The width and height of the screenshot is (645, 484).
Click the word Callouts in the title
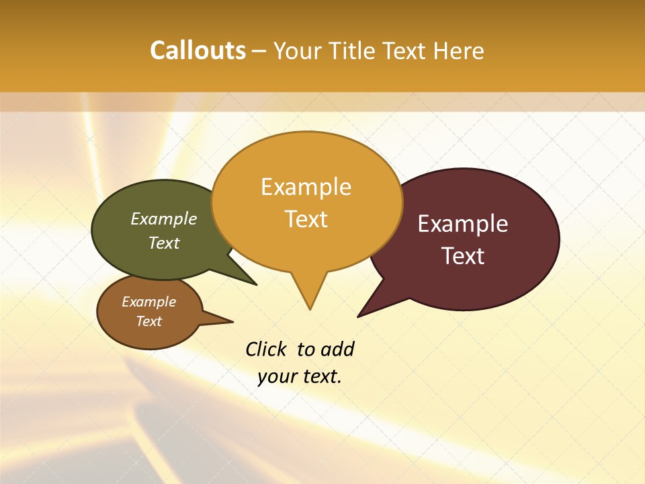pyautogui.click(x=198, y=51)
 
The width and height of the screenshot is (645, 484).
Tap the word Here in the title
pyautogui.click(x=458, y=51)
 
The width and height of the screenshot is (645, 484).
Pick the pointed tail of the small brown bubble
pyautogui.click(x=218, y=319)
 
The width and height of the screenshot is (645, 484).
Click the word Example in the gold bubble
pyautogui.click(x=306, y=187)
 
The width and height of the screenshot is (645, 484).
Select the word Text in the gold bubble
pyautogui.click(x=306, y=219)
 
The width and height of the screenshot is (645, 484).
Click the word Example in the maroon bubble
pyautogui.click(x=463, y=224)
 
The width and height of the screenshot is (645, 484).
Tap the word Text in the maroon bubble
pyautogui.click(x=463, y=256)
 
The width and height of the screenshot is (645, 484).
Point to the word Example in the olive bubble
pyautogui.click(x=164, y=219)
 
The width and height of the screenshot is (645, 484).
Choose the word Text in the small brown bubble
pyautogui.click(x=148, y=321)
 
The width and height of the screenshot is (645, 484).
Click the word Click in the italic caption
pyautogui.click(x=265, y=350)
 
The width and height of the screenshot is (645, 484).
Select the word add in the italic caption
pyautogui.click(x=337, y=350)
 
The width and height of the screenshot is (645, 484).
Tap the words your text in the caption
pyautogui.click(x=299, y=376)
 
